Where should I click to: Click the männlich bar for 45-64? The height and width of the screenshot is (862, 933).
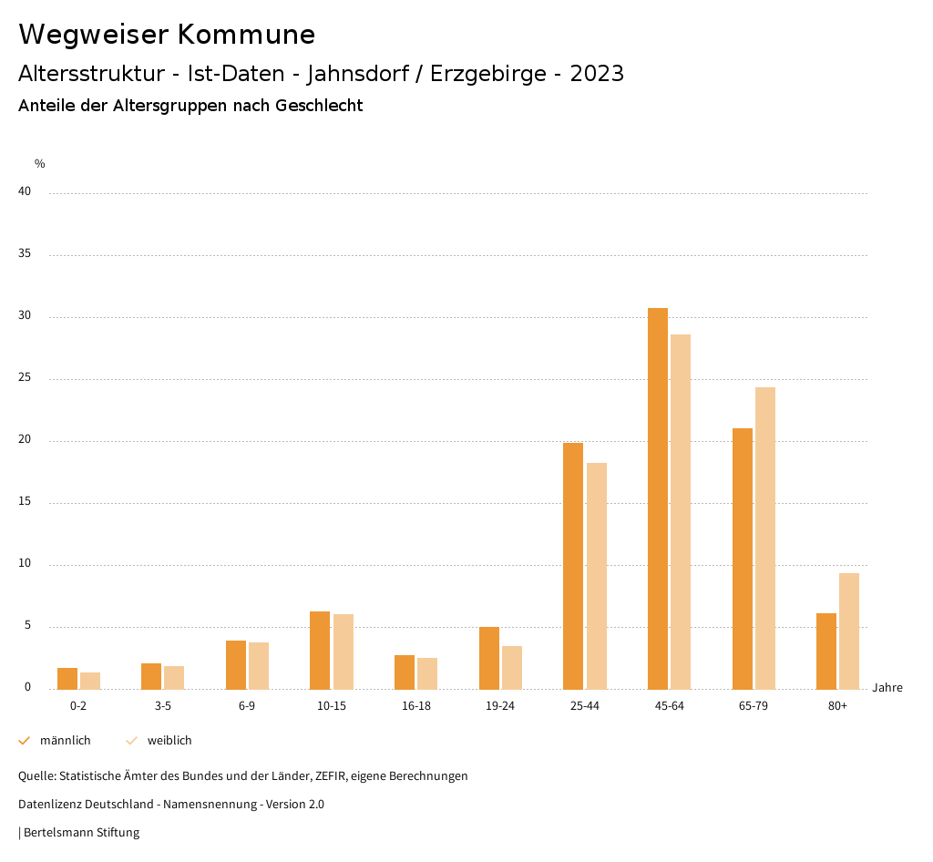coord(658,498)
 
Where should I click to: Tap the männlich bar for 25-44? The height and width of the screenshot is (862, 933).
coord(573,566)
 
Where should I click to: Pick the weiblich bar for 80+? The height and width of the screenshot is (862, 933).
coord(849,631)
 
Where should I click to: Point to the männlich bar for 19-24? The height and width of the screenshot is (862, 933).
coord(489,658)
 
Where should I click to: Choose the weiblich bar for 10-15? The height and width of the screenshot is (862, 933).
coord(343,652)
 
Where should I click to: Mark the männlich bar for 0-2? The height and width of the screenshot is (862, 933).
coord(67,678)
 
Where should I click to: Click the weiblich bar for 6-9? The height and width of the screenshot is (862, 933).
coord(259,665)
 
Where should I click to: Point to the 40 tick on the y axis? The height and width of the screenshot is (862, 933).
coord(25,191)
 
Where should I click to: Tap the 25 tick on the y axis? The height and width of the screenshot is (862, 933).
coord(25,377)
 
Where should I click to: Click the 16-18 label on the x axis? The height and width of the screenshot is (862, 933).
coord(415,706)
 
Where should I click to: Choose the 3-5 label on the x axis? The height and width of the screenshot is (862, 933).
coord(163,706)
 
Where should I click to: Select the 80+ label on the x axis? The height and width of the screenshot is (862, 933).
coord(838,706)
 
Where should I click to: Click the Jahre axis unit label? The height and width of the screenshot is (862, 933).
coord(887,688)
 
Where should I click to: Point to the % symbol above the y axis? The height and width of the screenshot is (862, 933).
coord(40,164)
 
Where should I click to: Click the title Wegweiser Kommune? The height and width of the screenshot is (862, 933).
coord(167,35)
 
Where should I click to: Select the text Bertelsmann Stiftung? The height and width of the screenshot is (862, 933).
coord(81,833)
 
